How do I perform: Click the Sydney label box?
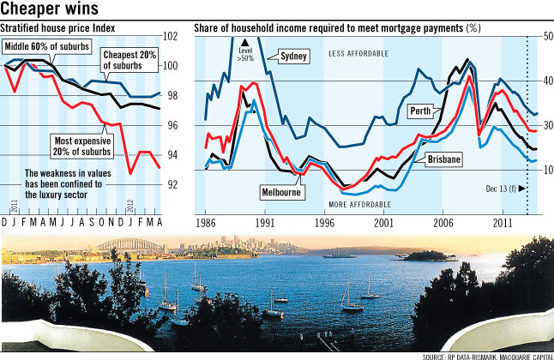(x=292, y=57)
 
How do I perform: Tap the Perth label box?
(x=443, y=111)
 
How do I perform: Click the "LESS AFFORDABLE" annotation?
(x=358, y=53)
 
